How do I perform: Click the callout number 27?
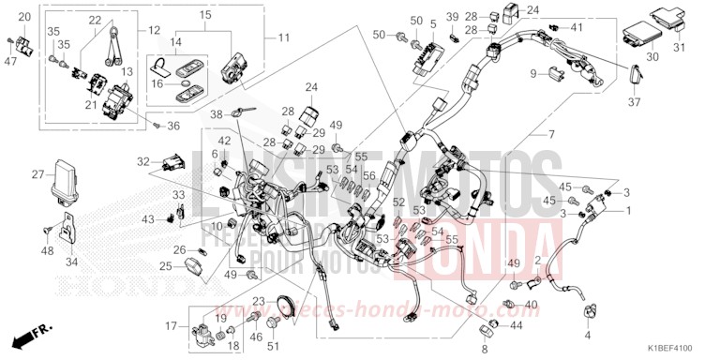pyautogui.click(x=37, y=173)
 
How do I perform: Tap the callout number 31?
pyautogui.click(x=681, y=49)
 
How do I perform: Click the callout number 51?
pyautogui.click(x=275, y=347)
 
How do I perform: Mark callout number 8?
pyautogui.click(x=485, y=349)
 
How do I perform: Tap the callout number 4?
pyautogui.click(x=589, y=333)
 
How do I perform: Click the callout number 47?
pyautogui.click(x=10, y=62)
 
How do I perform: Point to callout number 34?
pyautogui.click(x=71, y=251)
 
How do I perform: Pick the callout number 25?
pyautogui.click(x=165, y=266)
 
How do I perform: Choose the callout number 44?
pyautogui.click(x=516, y=325)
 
